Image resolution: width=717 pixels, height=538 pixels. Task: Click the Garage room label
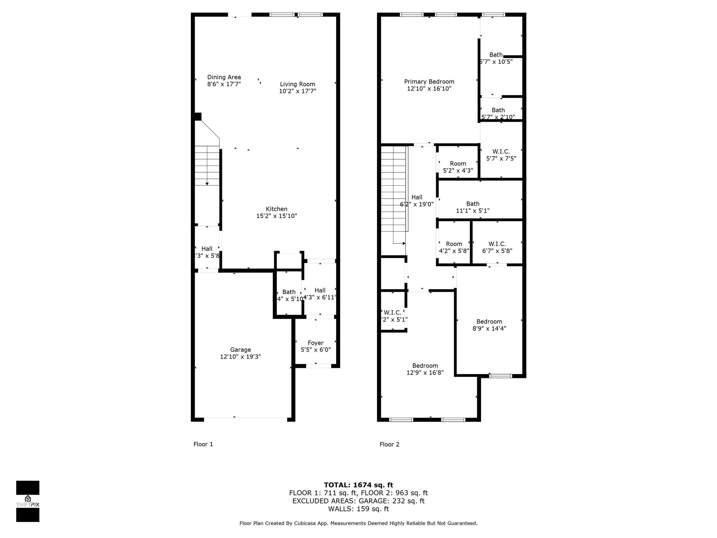[241, 350]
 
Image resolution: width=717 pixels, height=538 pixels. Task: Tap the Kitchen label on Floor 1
[277, 209]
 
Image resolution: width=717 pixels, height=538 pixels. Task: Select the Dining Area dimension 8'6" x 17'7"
[224, 84]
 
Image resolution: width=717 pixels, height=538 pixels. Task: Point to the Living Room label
[298, 84]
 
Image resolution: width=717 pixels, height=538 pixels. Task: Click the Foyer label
[315, 343]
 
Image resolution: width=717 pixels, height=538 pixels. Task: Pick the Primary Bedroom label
[429, 82]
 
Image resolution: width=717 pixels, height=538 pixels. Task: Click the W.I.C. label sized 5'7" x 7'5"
[501, 152]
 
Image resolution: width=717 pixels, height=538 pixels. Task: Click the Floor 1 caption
[203, 444]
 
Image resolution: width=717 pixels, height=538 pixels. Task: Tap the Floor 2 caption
[389, 444]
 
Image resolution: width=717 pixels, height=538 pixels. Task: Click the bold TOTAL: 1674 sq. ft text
[358, 485]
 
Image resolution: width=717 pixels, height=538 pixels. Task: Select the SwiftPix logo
[28, 501]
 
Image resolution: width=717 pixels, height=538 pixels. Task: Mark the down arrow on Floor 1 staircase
[207, 184]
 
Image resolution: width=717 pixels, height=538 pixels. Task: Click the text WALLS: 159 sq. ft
[358, 509]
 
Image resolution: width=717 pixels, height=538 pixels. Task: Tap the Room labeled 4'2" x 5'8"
[454, 244]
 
